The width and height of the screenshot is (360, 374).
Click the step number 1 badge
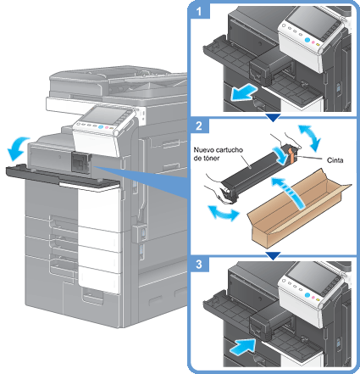(200, 11)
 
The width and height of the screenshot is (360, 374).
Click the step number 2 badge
(199, 126)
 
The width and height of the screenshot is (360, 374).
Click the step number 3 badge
(199, 265)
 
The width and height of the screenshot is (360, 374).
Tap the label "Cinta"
(335, 160)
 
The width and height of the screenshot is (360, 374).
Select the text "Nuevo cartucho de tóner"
(218, 154)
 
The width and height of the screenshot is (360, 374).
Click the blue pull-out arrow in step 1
(243, 93)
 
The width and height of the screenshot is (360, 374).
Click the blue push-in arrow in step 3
(242, 346)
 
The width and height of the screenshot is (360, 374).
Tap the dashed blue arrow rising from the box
(290, 193)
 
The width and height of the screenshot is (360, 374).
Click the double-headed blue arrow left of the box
(224, 213)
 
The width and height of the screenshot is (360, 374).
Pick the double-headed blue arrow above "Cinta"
(309, 137)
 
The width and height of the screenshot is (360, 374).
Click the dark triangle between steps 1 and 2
(273, 117)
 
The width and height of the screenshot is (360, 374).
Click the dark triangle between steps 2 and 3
(273, 255)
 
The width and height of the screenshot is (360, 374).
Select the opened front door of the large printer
(62, 177)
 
